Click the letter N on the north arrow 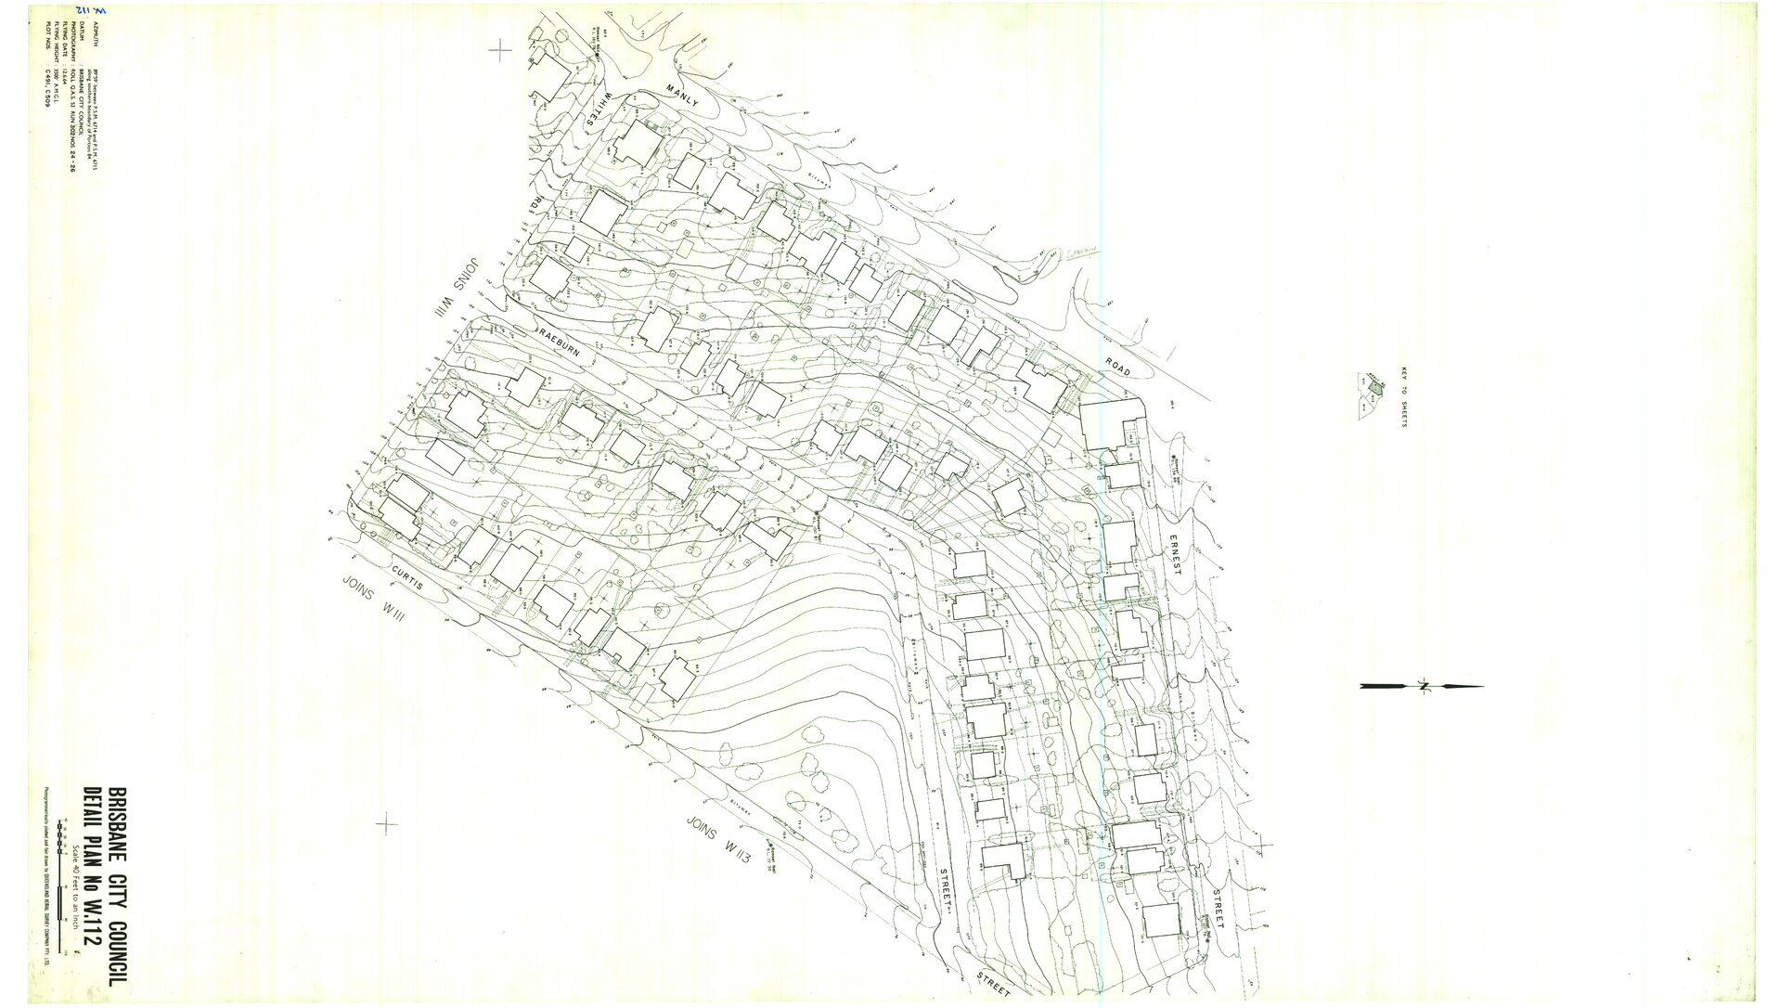click(1421, 687)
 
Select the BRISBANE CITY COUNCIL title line click(119, 887)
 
